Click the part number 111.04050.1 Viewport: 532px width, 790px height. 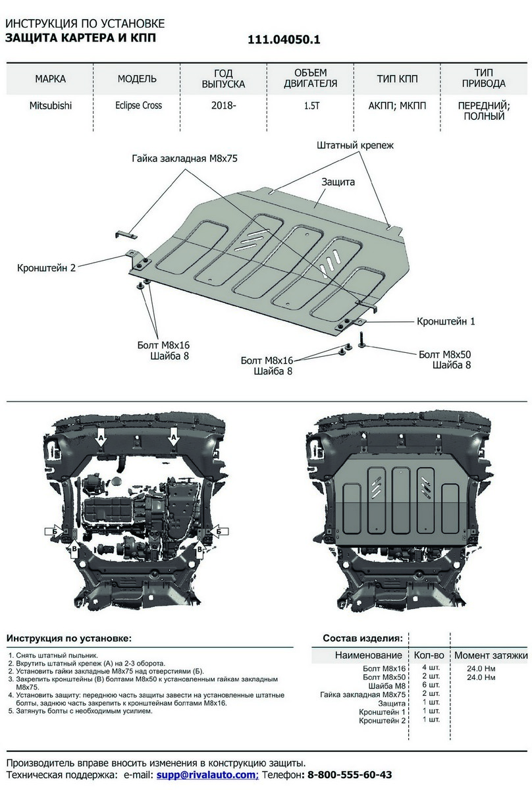(284, 39)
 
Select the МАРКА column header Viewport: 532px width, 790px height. (50, 79)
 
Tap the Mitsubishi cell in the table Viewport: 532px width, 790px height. (51, 105)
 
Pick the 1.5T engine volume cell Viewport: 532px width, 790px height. (311, 105)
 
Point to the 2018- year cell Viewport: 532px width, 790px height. (224, 105)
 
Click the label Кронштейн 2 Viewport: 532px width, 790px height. (47, 268)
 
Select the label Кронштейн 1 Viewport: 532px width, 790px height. (445, 322)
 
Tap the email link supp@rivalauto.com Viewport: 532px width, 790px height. (207, 776)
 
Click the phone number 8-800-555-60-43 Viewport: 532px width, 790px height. (350, 776)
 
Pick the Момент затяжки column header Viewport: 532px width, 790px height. (491, 655)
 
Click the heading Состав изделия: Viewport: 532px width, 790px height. (362, 638)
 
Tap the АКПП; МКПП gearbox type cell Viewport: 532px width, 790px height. (396, 105)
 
